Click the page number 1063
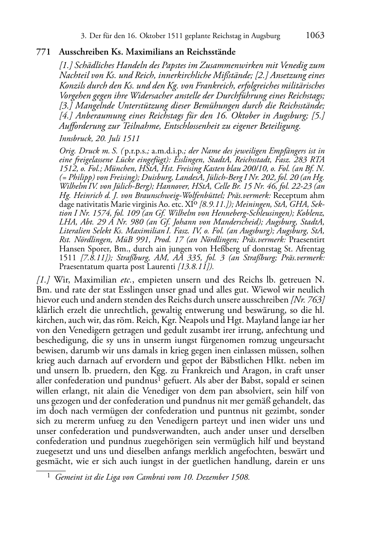(315, 36)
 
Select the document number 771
(43, 52)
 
